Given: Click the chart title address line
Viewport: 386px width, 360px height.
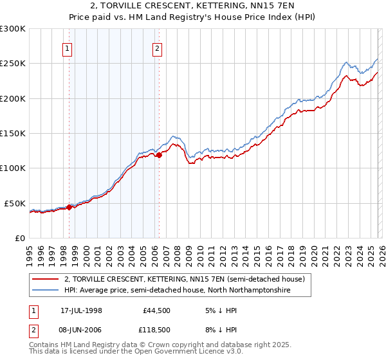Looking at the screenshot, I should point(193,6).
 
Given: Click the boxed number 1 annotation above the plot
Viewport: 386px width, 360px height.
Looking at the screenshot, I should point(68,47).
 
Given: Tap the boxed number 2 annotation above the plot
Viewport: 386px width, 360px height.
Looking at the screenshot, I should point(157,47).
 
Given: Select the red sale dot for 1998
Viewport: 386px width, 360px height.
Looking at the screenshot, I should point(69,207).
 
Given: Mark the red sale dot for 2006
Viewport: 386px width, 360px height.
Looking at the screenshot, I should point(159,155).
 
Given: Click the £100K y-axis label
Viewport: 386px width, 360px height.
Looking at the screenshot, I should point(13,168).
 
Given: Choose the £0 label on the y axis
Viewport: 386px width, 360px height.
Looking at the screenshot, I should point(19,238).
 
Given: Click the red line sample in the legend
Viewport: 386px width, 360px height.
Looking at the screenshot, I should point(45,279).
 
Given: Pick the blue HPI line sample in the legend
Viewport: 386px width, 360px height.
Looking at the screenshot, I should point(45,291).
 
